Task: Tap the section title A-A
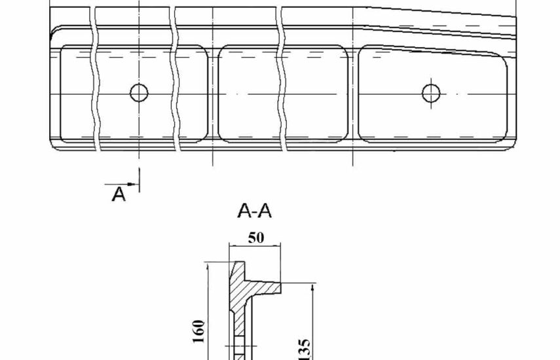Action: pyautogui.click(x=254, y=211)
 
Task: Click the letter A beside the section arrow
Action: pyautogui.click(x=119, y=194)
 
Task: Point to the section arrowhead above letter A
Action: pyautogui.click(x=133, y=184)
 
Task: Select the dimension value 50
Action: pyautogui.click(x=256, y=238)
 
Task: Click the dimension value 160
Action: pyautogui.click(x=199, y=331)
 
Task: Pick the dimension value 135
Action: pyautogui.click(x=304, y=350)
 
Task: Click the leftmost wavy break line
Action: pyautogui.click(x=96, y=79)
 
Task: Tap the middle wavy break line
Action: pyautogui.click(x=176, y=79)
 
